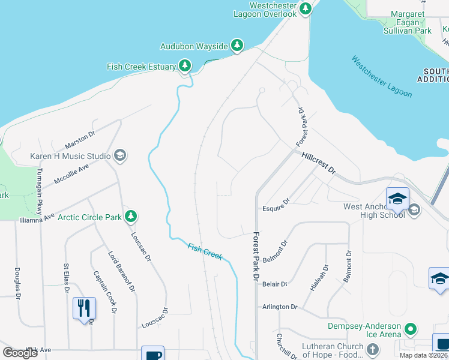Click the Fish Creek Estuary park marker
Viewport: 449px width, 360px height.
tap(185, 67)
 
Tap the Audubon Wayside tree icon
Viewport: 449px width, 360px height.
tap(237, 46)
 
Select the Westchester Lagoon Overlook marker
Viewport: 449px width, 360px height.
tap(306, 8)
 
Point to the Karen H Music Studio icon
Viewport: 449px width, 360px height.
tap(120, 156)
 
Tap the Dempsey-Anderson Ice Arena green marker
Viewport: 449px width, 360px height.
tap(411, 329)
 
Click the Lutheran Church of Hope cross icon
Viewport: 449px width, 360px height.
tap(372, 349)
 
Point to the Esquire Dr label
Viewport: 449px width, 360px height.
tap(276, 209)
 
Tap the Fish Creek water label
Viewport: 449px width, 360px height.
tap(205, 251)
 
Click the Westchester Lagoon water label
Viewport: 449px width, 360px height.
tap(382, 77)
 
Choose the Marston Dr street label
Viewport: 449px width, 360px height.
tap(80, 141)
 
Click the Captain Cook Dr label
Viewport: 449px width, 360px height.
tap(104, 292)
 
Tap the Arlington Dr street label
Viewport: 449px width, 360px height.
tap(280, 307)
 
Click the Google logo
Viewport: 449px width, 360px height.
tap(20, 353)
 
